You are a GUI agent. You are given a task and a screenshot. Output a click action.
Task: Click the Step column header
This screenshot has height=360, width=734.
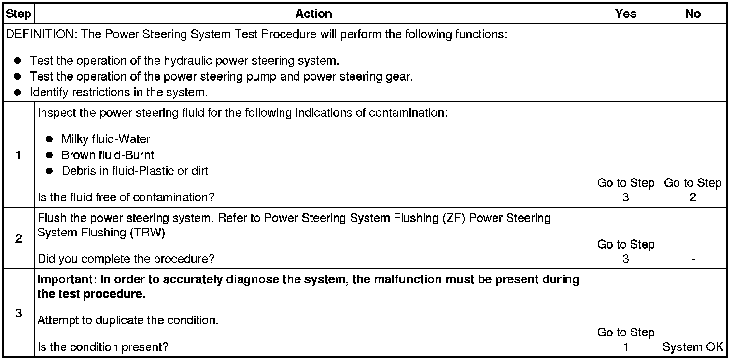click(18, 14)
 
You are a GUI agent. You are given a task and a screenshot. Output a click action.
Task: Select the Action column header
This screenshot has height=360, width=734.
click(313, 14)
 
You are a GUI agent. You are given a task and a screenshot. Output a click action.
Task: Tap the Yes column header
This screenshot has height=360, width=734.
click(625, 14)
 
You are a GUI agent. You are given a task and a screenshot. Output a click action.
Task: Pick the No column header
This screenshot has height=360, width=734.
click(692, 14)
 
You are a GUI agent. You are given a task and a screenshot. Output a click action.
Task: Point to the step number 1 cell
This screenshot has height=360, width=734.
click(18, 155)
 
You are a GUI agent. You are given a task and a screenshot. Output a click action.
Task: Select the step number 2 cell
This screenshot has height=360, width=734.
click(18, 239)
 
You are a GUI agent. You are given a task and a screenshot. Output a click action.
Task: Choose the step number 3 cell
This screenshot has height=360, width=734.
click(18, 313)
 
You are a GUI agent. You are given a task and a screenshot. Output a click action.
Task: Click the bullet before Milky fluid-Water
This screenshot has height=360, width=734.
click(49, 139)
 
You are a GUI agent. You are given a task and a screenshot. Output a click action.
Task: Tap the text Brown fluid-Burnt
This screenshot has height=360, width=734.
click(108, 155)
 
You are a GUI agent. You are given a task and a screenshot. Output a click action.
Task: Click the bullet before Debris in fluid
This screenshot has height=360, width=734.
click(49, 171)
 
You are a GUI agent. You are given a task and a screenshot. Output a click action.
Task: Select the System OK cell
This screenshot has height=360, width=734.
click(693, 346)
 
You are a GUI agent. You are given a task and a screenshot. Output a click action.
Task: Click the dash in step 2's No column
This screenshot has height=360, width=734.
click(693, 259)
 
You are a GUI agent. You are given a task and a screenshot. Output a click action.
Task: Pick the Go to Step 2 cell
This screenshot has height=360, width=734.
click(692, 190)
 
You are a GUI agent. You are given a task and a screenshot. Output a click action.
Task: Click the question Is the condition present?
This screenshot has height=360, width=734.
click(103, 346)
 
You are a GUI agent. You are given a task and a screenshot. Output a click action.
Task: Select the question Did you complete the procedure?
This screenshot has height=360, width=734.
click(126, 259)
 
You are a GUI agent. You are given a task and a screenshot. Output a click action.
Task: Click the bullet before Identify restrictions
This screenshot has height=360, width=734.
click(18, 92)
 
